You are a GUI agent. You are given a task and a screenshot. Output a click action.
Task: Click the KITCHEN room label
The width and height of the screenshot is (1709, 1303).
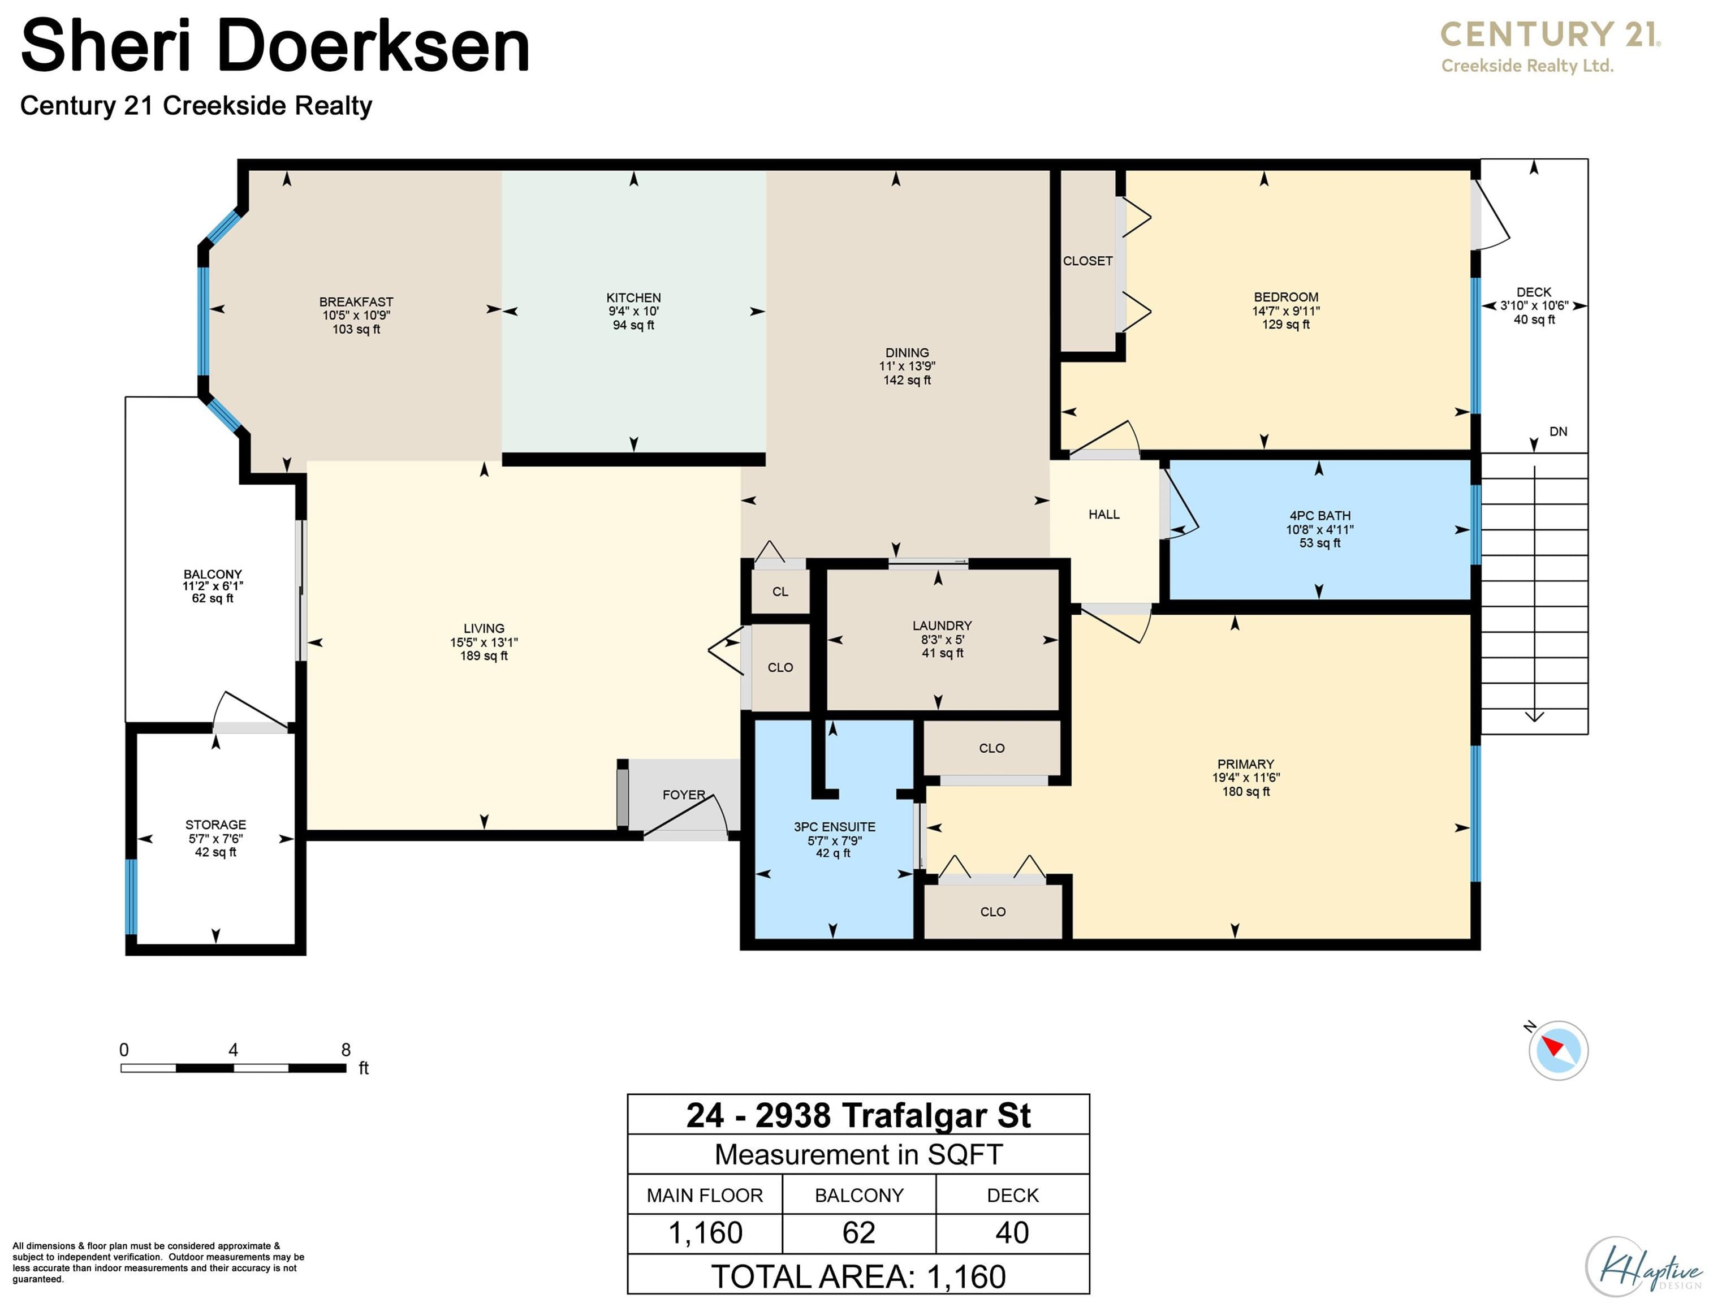(633, 298)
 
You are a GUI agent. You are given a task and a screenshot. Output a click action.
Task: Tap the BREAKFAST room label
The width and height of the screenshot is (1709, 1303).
(356, 301)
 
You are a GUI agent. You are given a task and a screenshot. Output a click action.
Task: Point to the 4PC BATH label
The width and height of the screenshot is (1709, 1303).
(1320, 516)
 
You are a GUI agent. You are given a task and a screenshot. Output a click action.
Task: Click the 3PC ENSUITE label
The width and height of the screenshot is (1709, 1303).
(834, 827)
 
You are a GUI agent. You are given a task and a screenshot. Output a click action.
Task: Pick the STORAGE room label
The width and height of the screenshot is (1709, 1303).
(215, 825)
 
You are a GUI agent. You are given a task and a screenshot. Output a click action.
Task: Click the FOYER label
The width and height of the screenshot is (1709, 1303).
(684, 795)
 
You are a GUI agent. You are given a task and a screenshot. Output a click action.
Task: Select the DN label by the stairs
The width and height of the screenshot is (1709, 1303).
(1558, 432)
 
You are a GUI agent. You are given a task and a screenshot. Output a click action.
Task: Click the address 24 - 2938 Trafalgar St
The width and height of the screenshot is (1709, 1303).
(858, 1115)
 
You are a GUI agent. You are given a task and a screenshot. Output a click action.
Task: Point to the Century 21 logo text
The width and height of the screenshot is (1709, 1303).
(1550, 35)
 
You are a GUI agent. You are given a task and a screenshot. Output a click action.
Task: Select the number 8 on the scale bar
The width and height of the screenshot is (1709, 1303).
(346, 1050)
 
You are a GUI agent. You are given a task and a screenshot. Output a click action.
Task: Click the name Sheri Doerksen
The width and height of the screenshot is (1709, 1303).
(275, 46)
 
